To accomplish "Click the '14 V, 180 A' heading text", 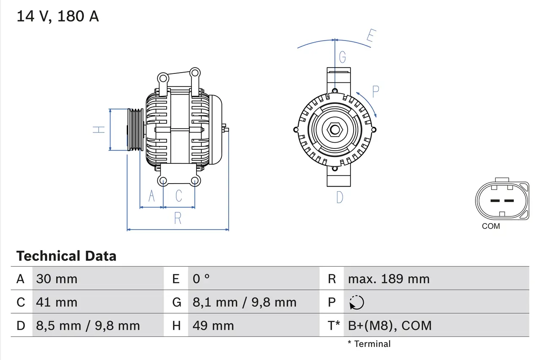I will pyautogui.click(x=58, y=16).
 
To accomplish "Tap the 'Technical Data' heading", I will pyautogui.click(x=66, y=256).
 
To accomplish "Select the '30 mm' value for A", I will pyautogui.click(x=57, y=279).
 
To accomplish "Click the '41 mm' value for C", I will pyautogui.click(x=57, y=302).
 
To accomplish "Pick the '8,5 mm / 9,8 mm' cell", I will pyautogui.click(x=88, y=326).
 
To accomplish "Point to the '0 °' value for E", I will pyautogui.click(x=201, y=279).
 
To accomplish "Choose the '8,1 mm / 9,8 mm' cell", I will pyautogui.click(x=244, y=302).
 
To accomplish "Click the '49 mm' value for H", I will pyautogui.click(x=213, y=326).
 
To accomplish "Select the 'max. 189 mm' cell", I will pyautogui.click(x=389, y=279).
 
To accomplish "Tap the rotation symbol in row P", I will pyautogui.click(x=356, y=303).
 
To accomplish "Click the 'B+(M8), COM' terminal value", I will pyautogui.click(x=390, y=326).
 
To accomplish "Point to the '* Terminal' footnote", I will pyautogui.click(x=369, y=344).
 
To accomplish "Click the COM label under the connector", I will pyautogui.click(x=491, y=226).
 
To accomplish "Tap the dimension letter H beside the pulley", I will pyautogui.click(x=99, y=130).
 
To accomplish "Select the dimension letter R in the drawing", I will pyautogui.click(x=178, y=218).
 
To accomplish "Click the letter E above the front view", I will pyautogui.click(x=370, y=37).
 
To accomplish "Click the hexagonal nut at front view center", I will pyautogui.click(x=335, y=130).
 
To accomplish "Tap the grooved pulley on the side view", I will pyautogui.click(x=135, y=130).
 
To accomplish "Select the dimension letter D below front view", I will pyautogui.click(x=340, y=197).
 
